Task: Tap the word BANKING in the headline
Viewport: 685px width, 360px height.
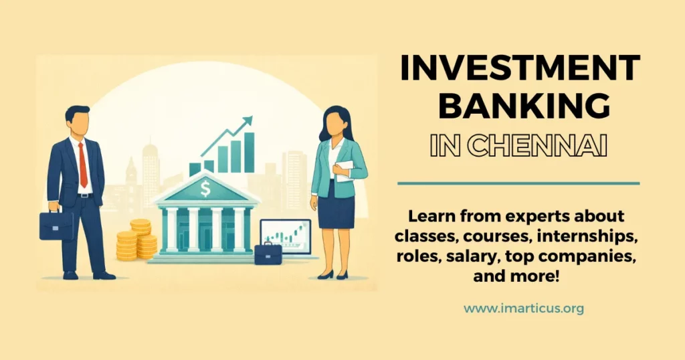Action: (518, 107)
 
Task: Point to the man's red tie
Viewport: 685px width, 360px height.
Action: (83, 165)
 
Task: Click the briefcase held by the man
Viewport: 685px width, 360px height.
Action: (56, 226)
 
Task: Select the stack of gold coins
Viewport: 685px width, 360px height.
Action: (137, 240)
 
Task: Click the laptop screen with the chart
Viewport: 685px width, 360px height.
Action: (286, 234)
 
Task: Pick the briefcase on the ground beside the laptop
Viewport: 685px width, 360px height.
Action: (268, 253)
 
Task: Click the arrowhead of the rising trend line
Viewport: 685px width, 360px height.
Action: (248, 120)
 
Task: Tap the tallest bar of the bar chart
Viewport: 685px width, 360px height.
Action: (249, 153)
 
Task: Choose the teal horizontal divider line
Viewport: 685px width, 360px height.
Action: (518, 183)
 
